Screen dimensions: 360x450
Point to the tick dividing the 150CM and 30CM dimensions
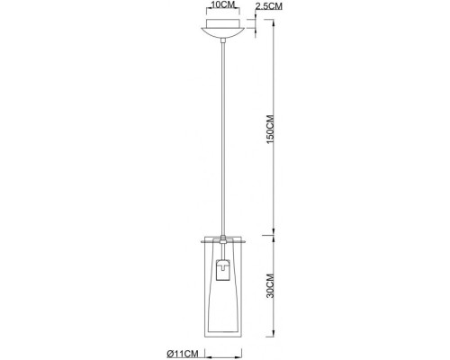tap(273, 238)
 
